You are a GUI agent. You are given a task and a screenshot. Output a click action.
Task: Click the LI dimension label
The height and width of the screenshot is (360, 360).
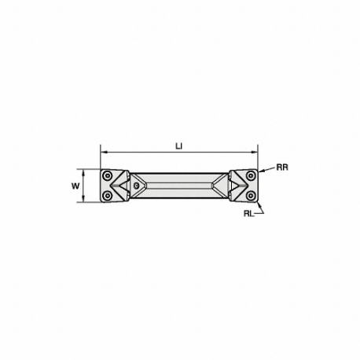pos(179,146)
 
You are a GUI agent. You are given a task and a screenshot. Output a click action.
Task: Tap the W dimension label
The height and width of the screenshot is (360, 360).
pos(75,186)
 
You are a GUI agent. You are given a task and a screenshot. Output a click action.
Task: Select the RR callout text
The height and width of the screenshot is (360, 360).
pos(282,167)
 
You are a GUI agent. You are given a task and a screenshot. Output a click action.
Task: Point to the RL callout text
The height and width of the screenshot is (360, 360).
pos(248,214)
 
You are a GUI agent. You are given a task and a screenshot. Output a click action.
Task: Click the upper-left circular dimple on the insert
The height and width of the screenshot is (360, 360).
pos(107,175)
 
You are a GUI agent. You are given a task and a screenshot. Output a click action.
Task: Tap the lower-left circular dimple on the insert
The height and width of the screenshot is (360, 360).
pos(107,196)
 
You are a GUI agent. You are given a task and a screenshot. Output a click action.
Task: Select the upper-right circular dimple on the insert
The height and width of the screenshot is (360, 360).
pos(251,175)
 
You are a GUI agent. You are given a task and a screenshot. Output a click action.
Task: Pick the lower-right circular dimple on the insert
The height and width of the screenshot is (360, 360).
pos(251,196)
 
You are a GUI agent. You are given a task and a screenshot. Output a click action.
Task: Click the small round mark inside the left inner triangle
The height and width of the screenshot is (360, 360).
pos(136,186)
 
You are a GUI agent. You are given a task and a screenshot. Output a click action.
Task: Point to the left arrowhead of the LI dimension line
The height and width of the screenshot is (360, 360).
pos(104,152)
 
